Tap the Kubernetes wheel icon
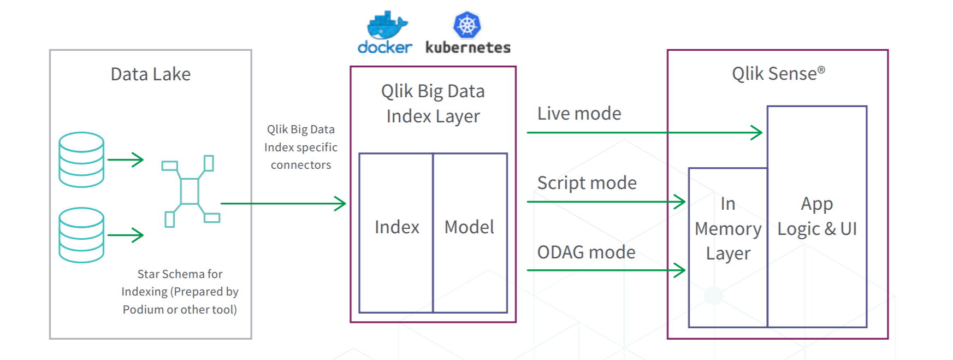click(467, 25)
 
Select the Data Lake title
click(151, 74)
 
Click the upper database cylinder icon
click(81, 160)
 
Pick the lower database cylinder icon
click(81, 235)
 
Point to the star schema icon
click(191, 191)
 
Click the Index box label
click(397, 227)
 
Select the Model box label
click(469, 227)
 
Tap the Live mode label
click(579, 114)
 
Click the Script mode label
click(587, 183)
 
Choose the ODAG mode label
click(587, 252)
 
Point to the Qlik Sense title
click(779, 73)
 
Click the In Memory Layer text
click(728, 228)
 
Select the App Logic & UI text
click(817, 216)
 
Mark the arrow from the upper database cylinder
click(126, 160)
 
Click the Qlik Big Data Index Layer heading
click(433, 104)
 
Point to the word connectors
click(301, 165)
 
